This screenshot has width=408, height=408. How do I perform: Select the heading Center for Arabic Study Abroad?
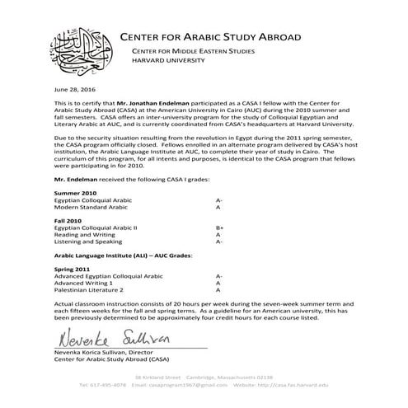tap(210, 37)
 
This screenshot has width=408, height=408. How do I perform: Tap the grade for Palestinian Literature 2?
tap(218, 291)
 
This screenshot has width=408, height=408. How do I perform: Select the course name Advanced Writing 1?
tap(83, 284)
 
